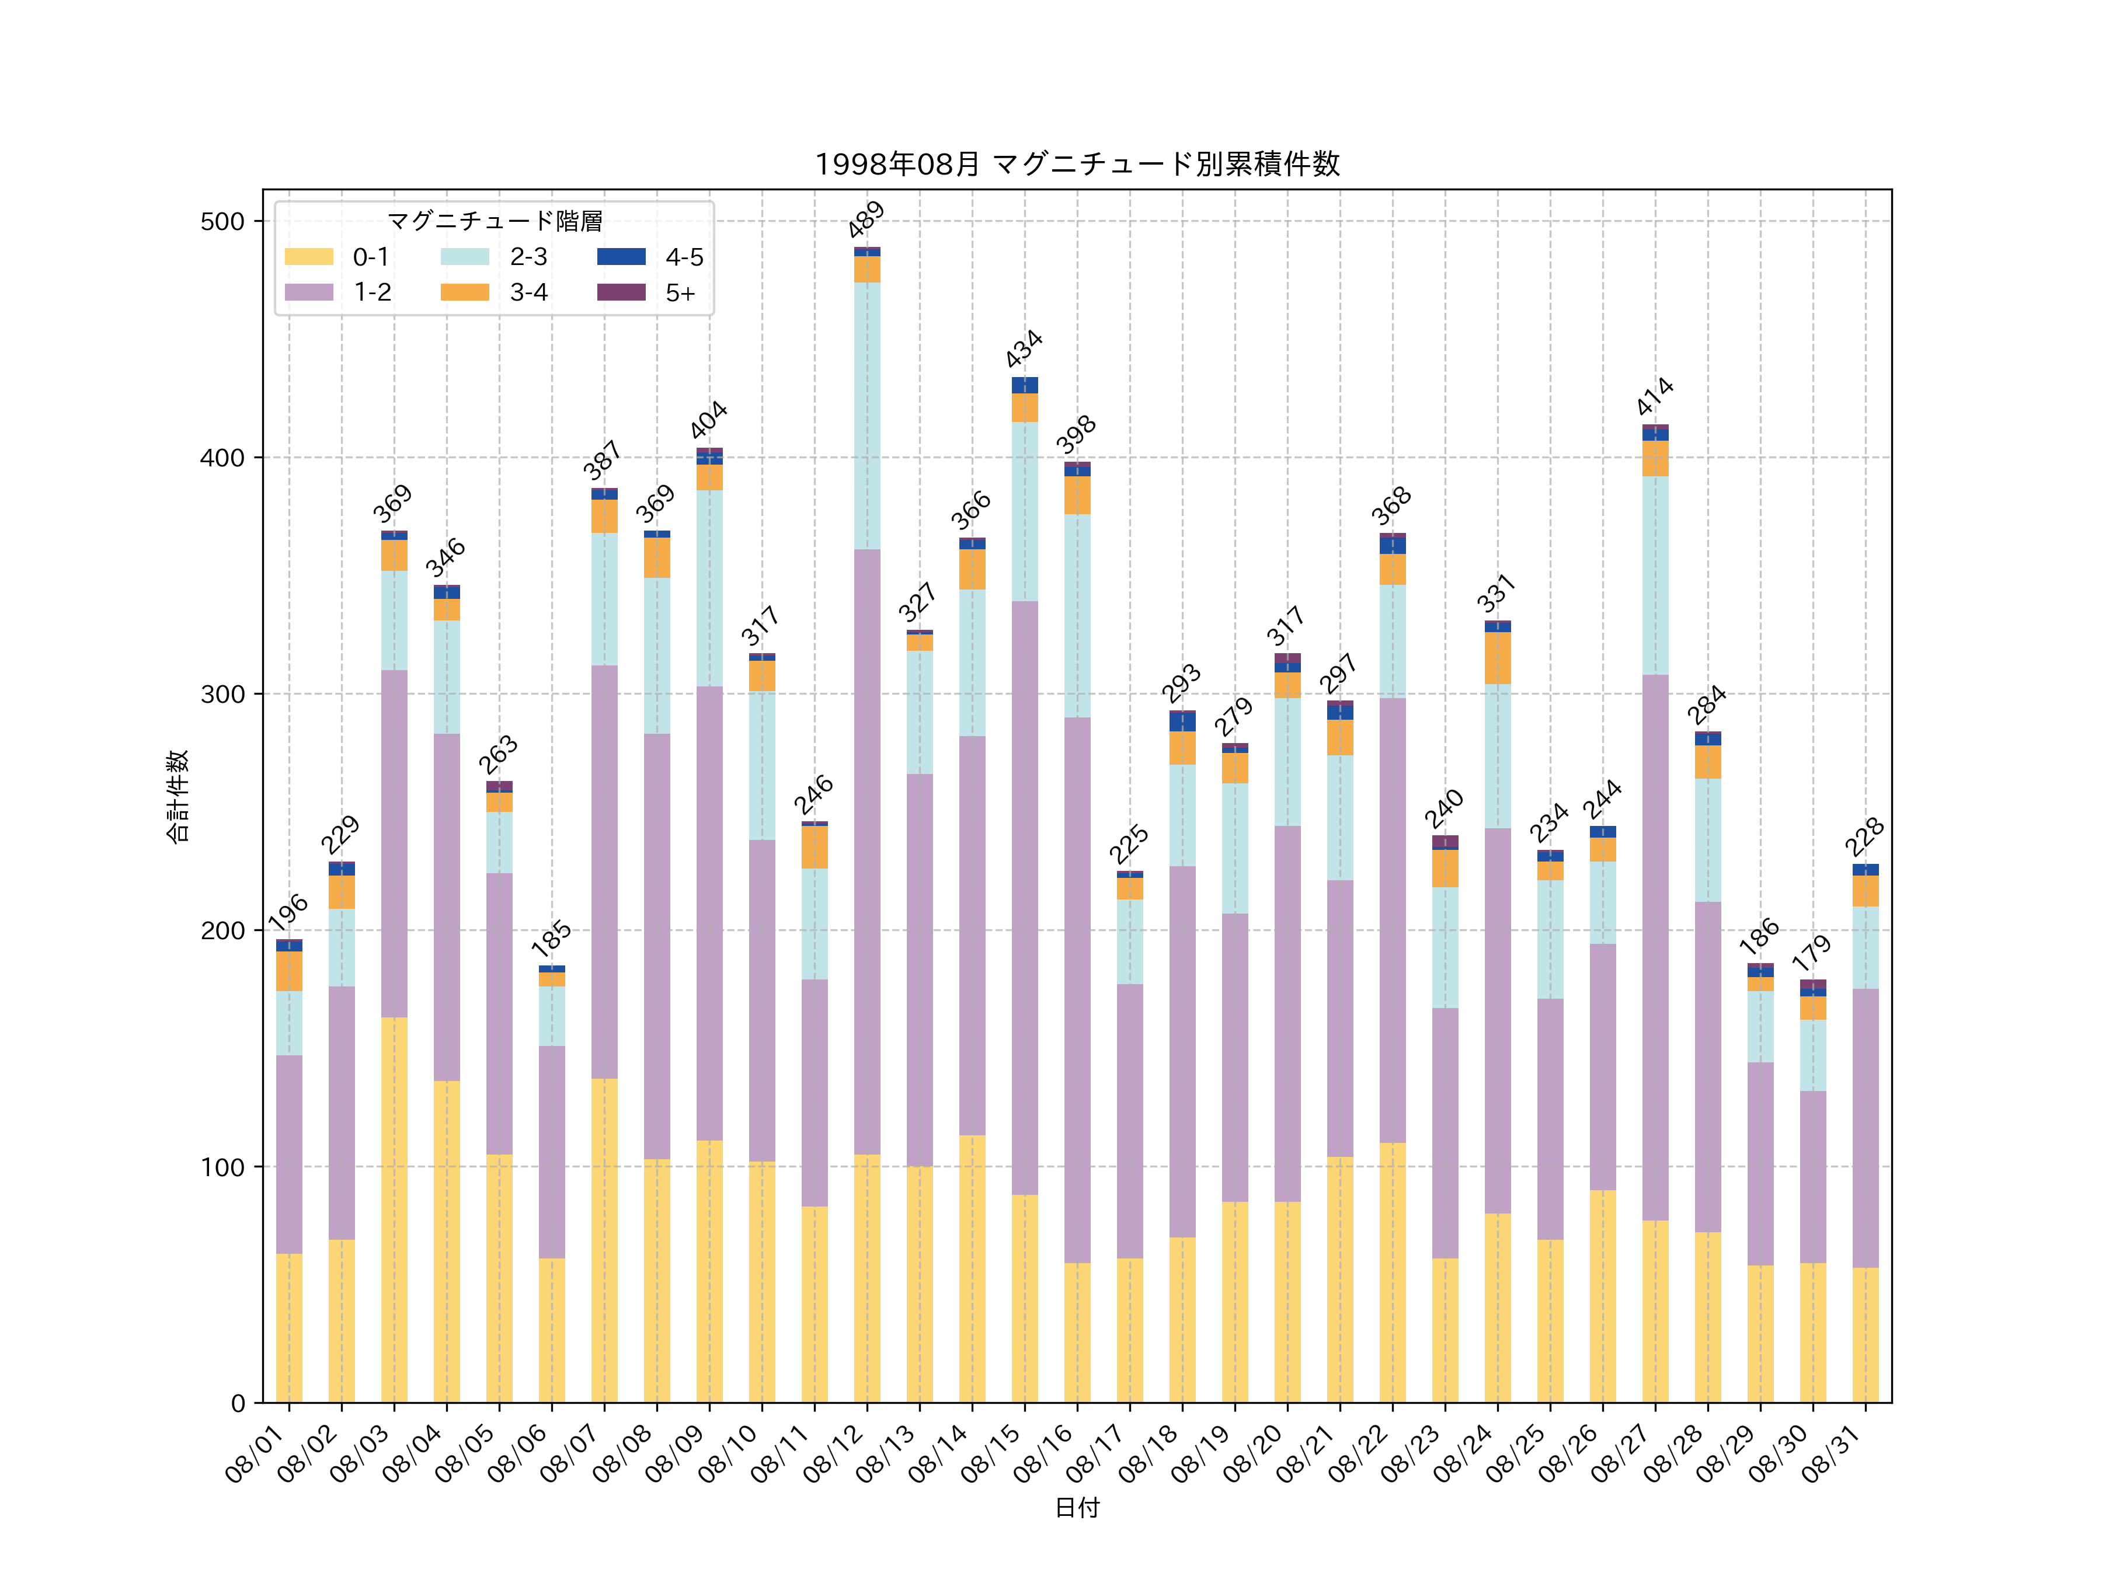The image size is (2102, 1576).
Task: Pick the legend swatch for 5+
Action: (x=621, y=292)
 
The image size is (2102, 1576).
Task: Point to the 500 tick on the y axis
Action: (x=222, y=221)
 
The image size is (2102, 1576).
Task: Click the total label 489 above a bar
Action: (x=866, y=219)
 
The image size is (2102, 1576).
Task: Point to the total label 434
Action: (x=1024, y=348)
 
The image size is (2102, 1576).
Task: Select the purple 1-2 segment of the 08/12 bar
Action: (x=866, y=851)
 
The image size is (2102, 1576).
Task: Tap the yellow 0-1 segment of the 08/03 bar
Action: (x=394, y=1209)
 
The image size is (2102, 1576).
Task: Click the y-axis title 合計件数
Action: (x=178, y=796)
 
